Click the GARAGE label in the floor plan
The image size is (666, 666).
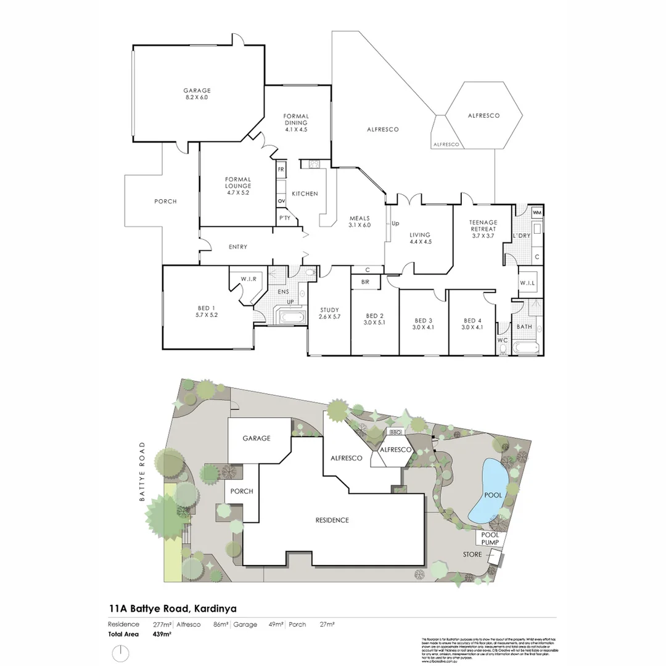[x=197, y=91]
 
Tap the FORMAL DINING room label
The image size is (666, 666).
[x=296, y=116]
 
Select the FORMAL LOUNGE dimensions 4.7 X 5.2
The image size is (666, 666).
[x=237, y=192]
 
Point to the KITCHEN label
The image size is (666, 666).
[x=305, y=194]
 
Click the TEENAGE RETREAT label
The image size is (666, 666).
[x=483, y=222]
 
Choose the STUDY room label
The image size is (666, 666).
[x=329, y=310]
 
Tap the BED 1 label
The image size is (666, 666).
[x=207, y=308]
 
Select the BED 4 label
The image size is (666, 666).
[x=472, y=321]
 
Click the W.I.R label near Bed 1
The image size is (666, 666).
[x=249, y=279]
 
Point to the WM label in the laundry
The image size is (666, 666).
[x=536, y=213]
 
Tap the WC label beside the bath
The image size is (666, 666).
[x=503, y=340]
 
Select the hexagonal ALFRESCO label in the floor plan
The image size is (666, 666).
[x=483, y=115]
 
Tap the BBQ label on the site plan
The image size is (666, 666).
[x=395, y=432]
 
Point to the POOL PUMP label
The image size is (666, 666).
[x=490, y=538]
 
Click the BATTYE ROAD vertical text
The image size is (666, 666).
[x=142, y=472]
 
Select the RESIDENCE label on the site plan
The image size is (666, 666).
[x=332, y=520]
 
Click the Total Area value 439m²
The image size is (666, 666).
[x=162, y=633]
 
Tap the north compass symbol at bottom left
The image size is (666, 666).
[x=120, y=652]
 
